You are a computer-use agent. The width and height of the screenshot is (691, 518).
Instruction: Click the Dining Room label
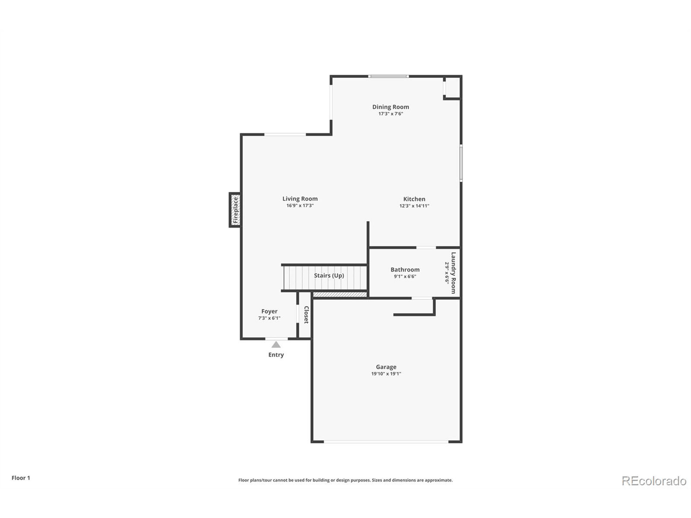click(391, 107)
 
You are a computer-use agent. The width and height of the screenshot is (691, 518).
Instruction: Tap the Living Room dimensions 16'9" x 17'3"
click(300, 206)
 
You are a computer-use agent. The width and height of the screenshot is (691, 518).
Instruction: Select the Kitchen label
click(414, 199)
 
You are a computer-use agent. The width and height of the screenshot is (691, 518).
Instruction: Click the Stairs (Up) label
click(329, 275)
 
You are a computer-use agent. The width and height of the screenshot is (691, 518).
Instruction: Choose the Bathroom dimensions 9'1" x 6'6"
click(405, 276)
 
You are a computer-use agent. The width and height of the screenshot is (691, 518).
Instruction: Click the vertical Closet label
click(306, 315)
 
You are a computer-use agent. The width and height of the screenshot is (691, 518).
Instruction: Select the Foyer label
click(269, 311)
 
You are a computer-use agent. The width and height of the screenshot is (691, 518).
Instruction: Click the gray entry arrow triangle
click(276, 345)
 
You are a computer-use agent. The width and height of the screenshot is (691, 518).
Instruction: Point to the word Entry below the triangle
click(276, 355)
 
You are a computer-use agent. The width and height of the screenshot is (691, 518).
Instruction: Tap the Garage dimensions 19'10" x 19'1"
click(386, 374)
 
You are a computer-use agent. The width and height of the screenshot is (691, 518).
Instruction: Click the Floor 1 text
click(21, 478)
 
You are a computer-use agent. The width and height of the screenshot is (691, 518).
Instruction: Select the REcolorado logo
click(654, 481)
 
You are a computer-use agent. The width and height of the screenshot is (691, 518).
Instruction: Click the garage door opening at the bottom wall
click(386, 441)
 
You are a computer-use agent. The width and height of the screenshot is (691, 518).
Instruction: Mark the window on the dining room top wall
click(388, 76)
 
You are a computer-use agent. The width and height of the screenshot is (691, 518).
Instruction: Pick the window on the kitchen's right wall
click(461, 163)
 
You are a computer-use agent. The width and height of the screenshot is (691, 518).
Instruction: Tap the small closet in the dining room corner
click(452, 88)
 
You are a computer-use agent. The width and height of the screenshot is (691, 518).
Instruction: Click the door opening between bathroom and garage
click(422, 298)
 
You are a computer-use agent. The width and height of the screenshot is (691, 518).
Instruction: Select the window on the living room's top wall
click(285, 135)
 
